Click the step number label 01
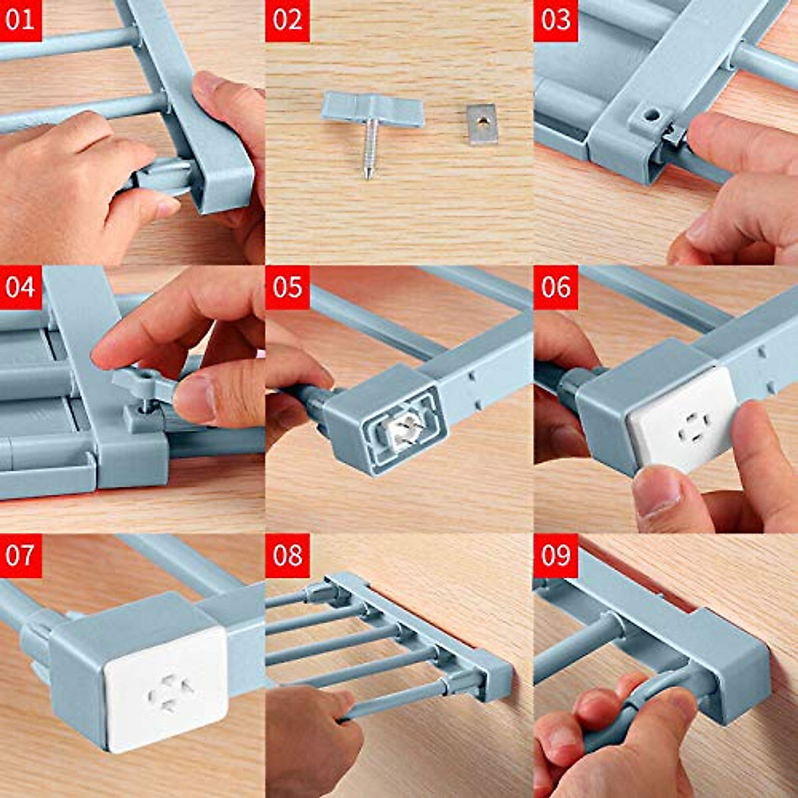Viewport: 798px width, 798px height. click(20, 20)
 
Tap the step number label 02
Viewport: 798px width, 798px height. click(287, 20)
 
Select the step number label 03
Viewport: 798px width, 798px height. click(555, 20)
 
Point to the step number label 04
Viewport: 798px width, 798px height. click(20, 287)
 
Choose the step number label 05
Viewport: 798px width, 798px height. click(287, 287)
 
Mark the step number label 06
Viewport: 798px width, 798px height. click(555, 287)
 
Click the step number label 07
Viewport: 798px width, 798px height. click(20, 555)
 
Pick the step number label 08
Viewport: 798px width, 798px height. click(287, 555)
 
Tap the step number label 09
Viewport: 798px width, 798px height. click(555, 555)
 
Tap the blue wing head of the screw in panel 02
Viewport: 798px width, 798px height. click(372, 109)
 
